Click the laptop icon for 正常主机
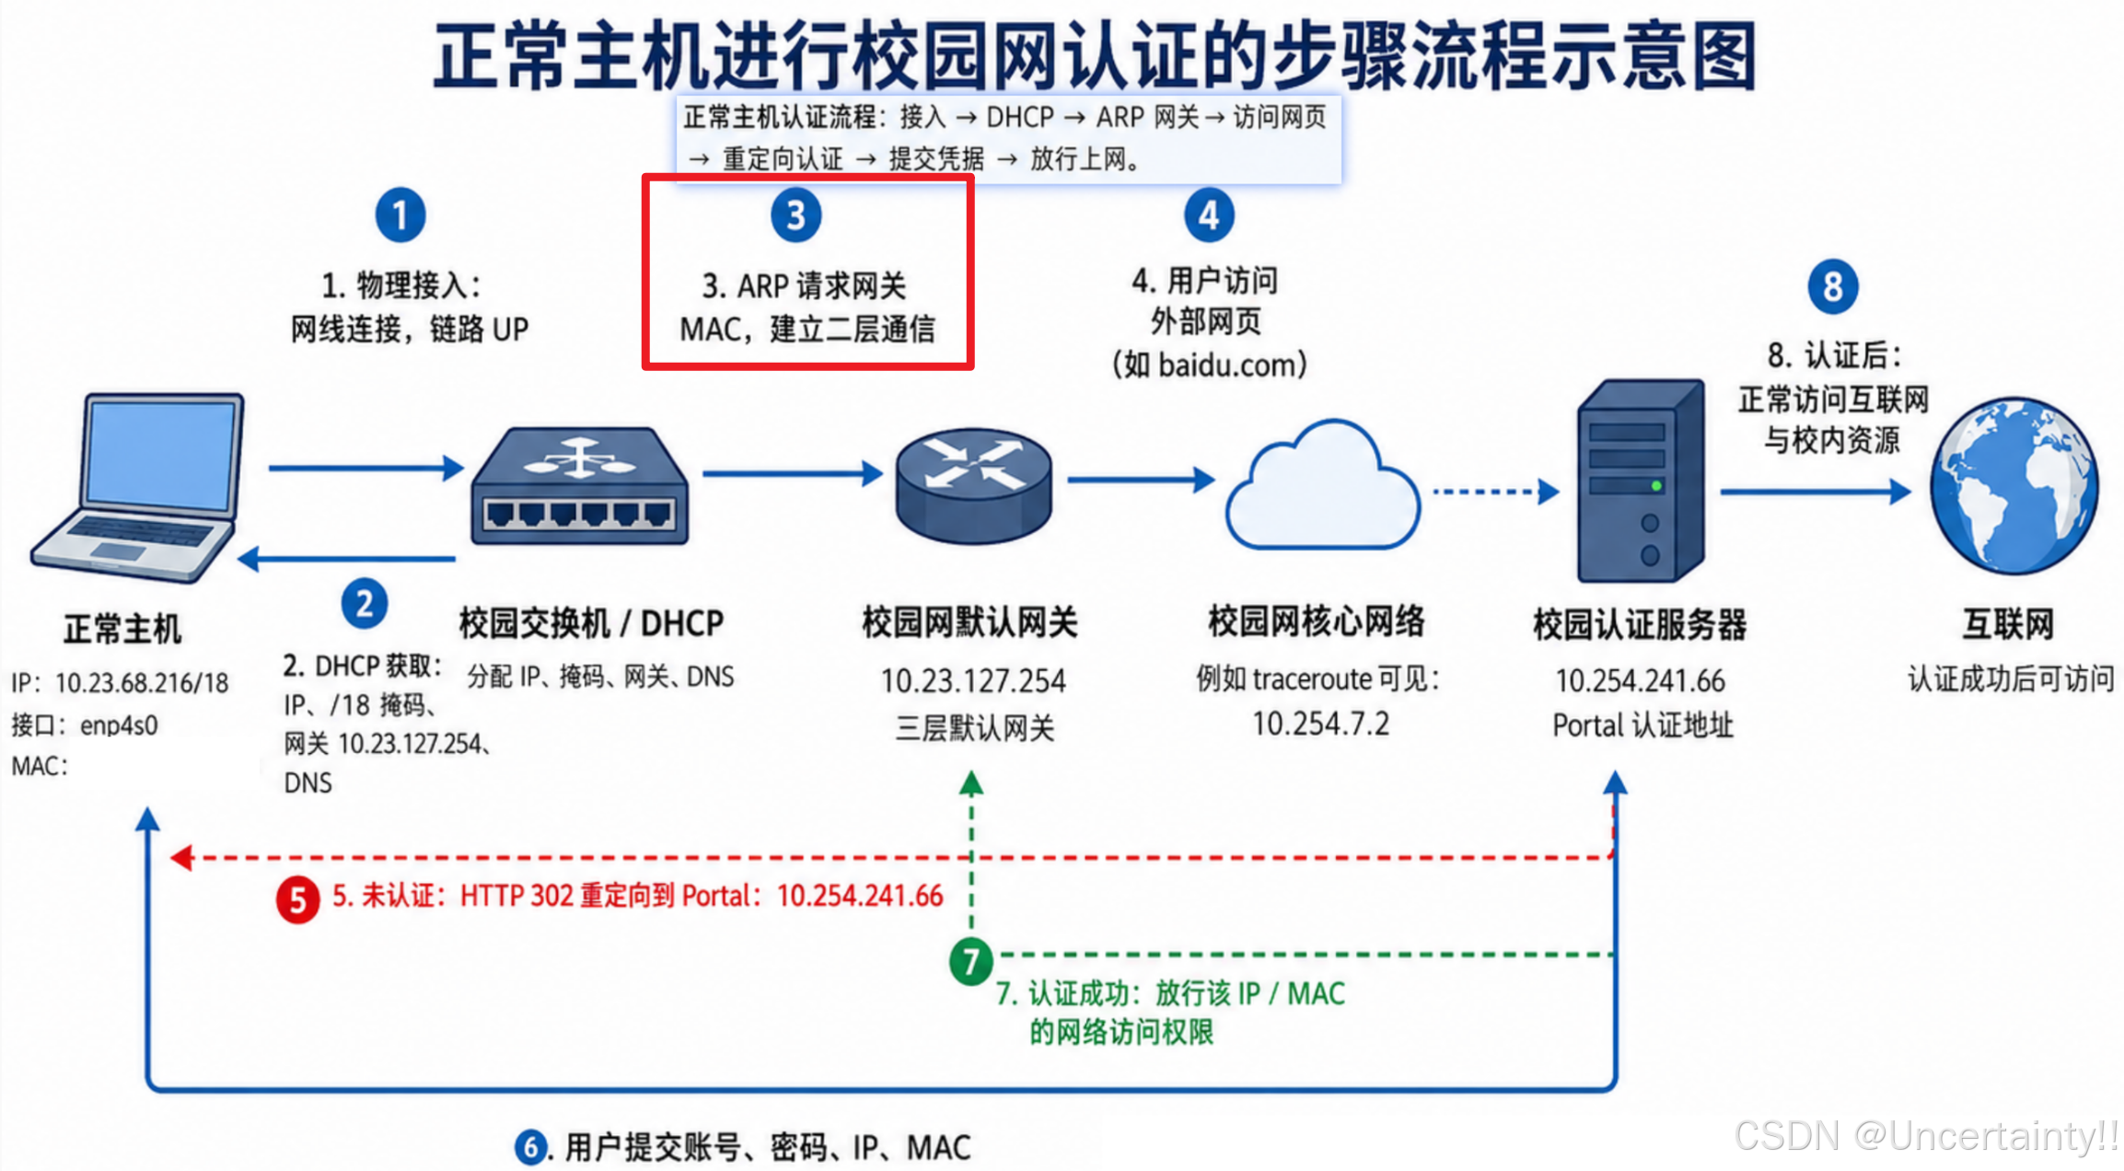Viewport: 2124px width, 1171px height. (138, 488)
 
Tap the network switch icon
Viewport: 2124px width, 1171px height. (579, 486)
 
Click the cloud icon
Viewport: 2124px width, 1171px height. (1322, 485)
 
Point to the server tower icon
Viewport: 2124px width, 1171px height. (1642, 481)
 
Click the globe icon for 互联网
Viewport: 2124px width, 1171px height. (2014, 485)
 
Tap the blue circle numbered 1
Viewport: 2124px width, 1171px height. (400, 215)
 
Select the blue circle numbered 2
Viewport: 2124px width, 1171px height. (365, 604)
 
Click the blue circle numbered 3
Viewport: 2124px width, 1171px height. (796, 215)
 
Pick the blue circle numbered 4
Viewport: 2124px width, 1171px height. (1209, 215)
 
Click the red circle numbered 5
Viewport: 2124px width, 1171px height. (298, 899)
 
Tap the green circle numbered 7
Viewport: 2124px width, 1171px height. (971, 961)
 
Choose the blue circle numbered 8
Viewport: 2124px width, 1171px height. (1833, 286)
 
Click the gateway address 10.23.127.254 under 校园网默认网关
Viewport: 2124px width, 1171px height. (973, 681)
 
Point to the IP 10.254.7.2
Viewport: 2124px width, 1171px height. (1320, 724)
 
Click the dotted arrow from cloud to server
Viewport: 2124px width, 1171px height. (1496, 492)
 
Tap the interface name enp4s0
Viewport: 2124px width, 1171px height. (119, 725)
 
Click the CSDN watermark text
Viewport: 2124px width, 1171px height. (1927, 1135)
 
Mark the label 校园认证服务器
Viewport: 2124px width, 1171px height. (1640, 625)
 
